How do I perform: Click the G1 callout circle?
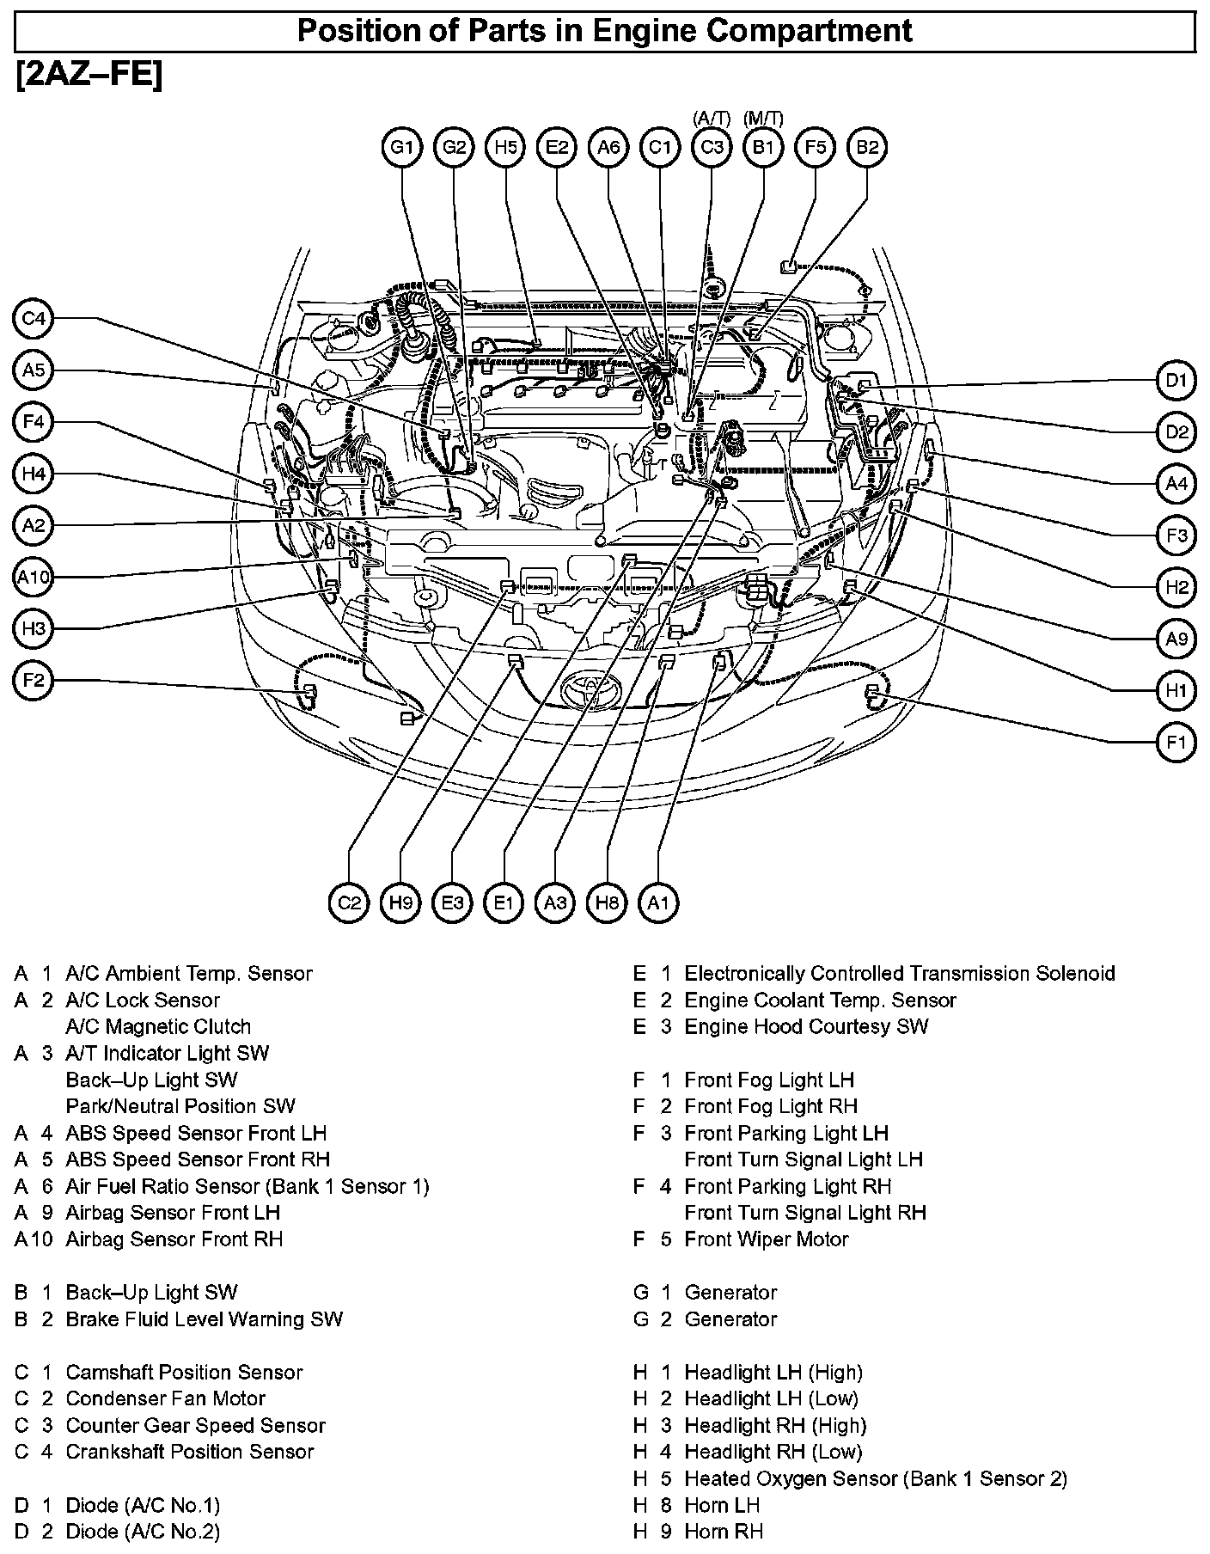click(x=402, y=147)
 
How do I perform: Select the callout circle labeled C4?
click(x=34, y=320)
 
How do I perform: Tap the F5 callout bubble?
click(x=815, y=147)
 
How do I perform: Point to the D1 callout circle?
click(x=1176, y=381)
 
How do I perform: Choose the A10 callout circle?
click(x=34, y=578)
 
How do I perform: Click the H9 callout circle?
click(x=400, y=902)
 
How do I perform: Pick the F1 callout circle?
click(x=1176, y=743)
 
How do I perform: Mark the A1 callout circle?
click(x=658, y=902)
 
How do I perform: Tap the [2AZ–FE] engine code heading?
click(x=89, y=76)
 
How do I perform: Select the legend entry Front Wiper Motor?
click(x=766, y=1239)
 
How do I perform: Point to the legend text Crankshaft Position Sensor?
click(x=190, y=1452)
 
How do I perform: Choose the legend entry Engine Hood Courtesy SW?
click(x=806, y=1026)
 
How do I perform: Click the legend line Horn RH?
click(x=723, y=1532)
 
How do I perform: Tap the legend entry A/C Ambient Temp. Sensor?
click(x=188, y=974)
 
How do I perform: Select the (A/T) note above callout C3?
click(x=712, y=119)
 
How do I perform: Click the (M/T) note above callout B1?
click(x=763, y=119)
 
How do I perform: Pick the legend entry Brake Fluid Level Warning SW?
click(x=204, y=1319)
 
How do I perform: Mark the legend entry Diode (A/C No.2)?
click(x=143, y=1532)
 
